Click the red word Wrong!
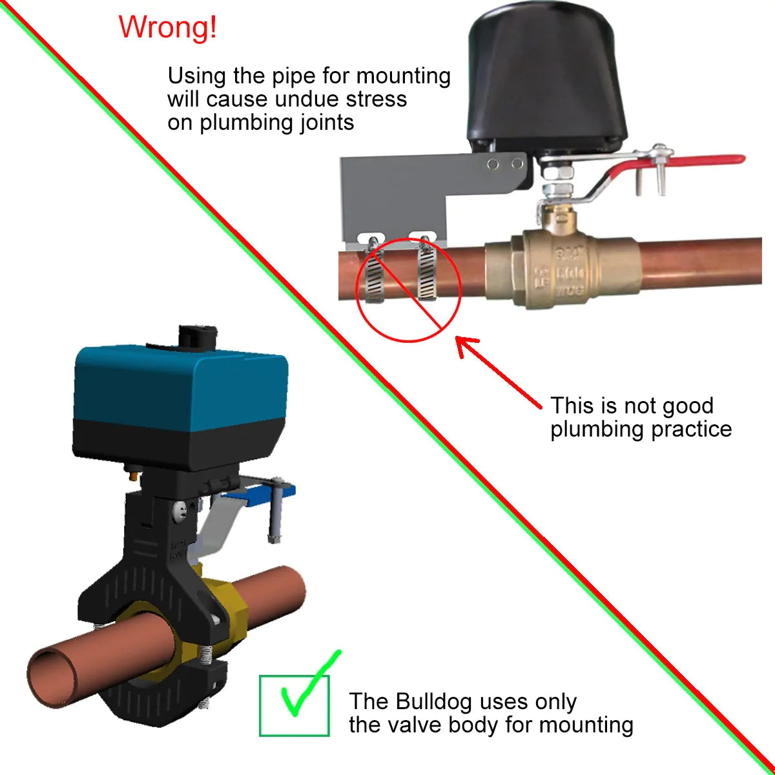coord(168,28)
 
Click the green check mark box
coord(294,706)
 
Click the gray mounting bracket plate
coord(394,194)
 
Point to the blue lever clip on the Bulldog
coord(258,494)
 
